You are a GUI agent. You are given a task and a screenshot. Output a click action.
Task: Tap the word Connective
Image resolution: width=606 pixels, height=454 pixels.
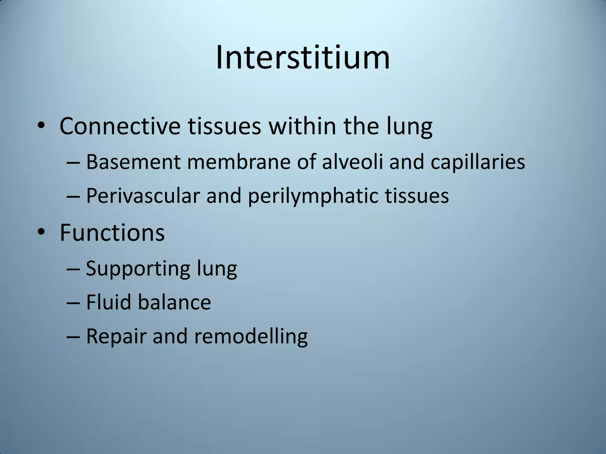coord(120,126)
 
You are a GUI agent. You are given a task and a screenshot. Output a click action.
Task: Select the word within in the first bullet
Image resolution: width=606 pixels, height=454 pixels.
coord(302,126)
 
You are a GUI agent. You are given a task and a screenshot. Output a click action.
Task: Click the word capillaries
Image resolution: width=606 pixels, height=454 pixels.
coord(478,162)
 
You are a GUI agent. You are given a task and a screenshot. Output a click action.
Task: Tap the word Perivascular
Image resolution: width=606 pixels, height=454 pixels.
coord(143,196)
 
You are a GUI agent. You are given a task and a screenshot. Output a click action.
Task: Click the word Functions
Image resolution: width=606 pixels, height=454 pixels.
coord(112,233)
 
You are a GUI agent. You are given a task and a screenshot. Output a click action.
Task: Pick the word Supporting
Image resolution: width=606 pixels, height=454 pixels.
coord(138,269)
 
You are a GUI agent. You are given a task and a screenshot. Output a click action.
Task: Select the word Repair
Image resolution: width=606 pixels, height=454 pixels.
coord(116,337)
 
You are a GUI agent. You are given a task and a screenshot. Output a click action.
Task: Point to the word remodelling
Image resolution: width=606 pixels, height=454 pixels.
coord(251,337)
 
